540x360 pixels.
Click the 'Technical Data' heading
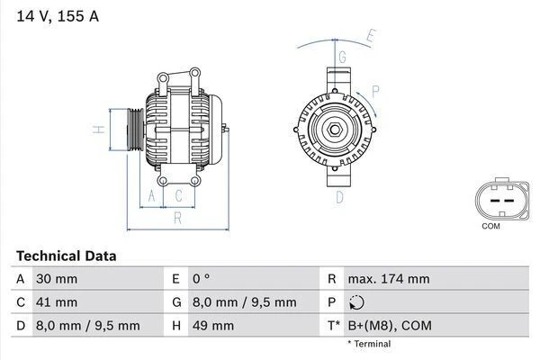[66, 256]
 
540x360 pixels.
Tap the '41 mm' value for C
[55, 302]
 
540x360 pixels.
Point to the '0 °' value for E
[201, 279]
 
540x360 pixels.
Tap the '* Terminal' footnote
[370, 344]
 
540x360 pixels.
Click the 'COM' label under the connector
[490, 226]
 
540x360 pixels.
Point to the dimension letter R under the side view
[178, 217]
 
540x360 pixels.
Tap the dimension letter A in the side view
[151, 195]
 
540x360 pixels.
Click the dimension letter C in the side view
[179, 195]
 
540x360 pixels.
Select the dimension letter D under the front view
[340, 197]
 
